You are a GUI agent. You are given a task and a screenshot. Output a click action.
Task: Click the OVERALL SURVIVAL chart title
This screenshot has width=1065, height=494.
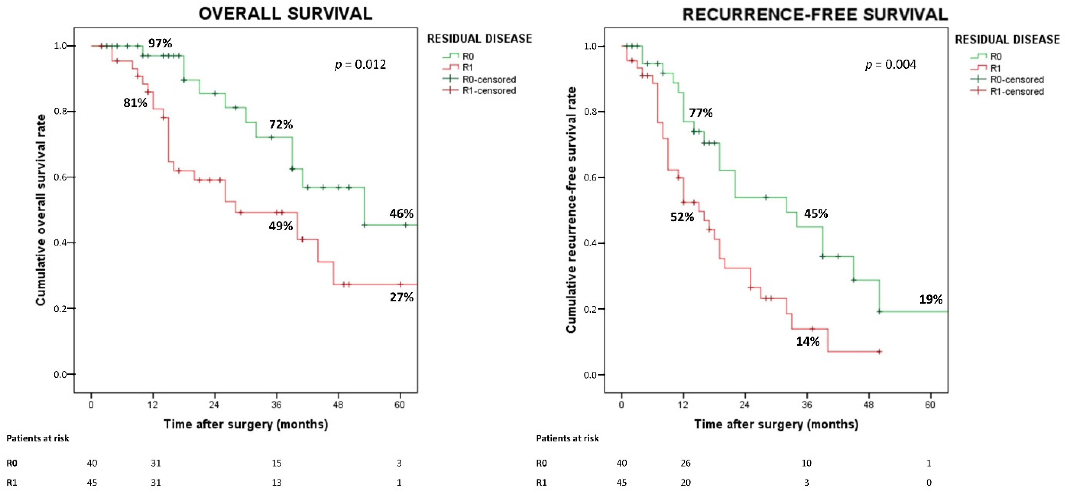tap(285, 14)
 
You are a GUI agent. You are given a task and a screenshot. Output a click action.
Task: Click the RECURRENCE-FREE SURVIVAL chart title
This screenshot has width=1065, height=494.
tap(815, 15)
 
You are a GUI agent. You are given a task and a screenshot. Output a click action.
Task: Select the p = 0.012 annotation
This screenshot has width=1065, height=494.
tap(360, 65)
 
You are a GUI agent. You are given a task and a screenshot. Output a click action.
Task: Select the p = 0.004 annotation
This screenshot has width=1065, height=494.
tap(891, 65)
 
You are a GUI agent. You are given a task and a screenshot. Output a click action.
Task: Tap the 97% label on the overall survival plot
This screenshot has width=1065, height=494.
tap(160, 43)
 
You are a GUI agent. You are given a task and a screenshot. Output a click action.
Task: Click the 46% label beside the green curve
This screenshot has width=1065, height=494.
tap(401, 214)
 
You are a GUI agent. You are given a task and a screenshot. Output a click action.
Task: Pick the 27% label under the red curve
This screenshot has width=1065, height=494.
tap(401, 297)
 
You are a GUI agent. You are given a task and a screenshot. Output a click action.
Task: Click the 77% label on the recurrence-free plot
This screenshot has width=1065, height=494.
tap(700, 113)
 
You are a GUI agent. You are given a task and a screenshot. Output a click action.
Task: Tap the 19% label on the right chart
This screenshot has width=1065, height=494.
tap(931, 299)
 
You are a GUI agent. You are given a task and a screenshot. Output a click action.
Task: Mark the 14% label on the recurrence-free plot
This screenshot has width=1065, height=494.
tap(808, 341)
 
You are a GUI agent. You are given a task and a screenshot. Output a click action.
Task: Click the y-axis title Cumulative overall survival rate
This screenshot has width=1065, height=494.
tap(40, 210)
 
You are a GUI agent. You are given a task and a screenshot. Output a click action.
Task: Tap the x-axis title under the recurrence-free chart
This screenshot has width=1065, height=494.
tap(776, 424)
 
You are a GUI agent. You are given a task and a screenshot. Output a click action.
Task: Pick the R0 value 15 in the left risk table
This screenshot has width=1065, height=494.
tap(277, 463)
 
